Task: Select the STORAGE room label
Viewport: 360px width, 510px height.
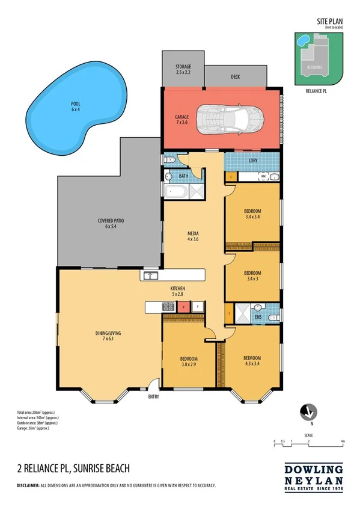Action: click(183, 68)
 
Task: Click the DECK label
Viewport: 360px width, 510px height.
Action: click(236, 77)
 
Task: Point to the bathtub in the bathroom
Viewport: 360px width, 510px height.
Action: click(175, 192)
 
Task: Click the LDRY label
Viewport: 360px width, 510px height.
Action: click(252, 161)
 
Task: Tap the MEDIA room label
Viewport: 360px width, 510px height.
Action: click(192, 236)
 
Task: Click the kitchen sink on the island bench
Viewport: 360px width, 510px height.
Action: click(150, 275)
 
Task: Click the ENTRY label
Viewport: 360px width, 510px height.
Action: click(154, 397)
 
